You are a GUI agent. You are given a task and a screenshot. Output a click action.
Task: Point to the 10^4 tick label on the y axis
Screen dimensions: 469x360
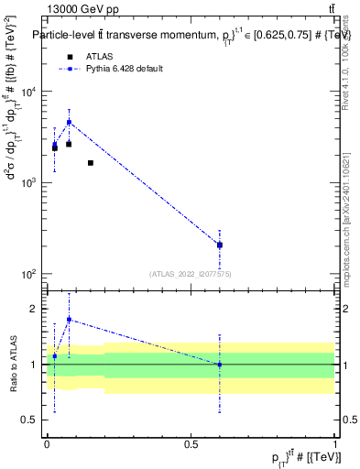pos(28,92)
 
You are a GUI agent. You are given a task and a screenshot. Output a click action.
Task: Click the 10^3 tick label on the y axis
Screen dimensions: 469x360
pos(28,183)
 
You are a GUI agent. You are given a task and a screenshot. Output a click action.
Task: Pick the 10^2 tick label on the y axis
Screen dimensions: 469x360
pos(28,274)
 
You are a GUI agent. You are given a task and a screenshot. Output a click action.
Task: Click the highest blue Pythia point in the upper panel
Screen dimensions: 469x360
pos(69,122)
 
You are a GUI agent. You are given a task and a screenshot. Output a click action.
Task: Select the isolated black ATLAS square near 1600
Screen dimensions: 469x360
pos(90,163)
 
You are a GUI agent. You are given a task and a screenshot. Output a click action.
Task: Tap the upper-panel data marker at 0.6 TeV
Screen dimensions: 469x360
pos(220,245)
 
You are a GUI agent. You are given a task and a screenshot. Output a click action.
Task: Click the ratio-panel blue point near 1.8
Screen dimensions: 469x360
pos(69,320)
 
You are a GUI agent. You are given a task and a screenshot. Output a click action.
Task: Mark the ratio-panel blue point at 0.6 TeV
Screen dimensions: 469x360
pos(220,365)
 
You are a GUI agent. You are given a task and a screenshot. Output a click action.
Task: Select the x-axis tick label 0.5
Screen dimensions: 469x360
pos(191,444)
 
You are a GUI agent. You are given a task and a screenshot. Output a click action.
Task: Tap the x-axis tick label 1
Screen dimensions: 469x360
pos(336,444)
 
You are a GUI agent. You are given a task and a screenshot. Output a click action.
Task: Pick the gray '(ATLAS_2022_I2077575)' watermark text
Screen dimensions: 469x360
pos(190,273)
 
